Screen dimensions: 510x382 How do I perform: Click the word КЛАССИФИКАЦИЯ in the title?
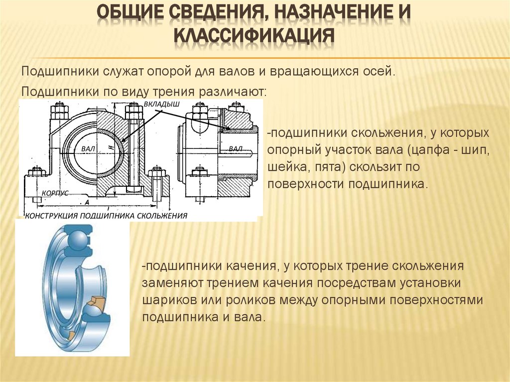pyautogui.click(x=254, y=35)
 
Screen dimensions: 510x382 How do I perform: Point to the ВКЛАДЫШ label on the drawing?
pyautogui.click(x=161, y=104)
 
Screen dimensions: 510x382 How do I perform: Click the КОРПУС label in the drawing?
pyautogui.click(x=55, y=193)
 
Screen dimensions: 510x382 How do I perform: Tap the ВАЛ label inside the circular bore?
pyautogui.click(x=88, y=149)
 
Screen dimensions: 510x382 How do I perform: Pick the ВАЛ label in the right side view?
pyautogui.click(x=236, y=149)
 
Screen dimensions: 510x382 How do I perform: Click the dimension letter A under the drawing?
pyautogui.click(x=87, y=202)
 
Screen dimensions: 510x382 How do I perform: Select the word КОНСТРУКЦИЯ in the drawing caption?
pyautogui.click(x=51, y=216)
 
